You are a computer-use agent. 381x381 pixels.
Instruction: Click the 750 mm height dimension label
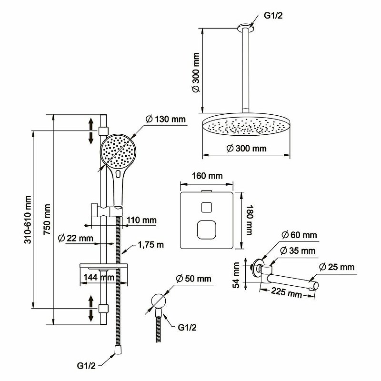(47, 219)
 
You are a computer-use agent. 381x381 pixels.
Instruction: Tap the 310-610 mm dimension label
(28, 220)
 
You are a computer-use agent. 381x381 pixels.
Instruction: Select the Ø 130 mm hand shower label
(165, 119)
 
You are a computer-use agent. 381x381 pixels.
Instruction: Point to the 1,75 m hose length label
(150, 244)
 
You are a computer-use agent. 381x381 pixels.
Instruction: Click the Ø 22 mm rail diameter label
(76, 238)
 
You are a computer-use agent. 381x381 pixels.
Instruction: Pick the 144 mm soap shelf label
(99, 277)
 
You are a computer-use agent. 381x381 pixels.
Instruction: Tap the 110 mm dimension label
(141, 220)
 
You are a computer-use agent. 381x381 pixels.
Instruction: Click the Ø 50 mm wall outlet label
(193, 279)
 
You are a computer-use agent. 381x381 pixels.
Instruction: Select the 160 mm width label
(207, 176)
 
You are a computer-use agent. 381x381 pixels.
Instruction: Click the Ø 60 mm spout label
(300, 235)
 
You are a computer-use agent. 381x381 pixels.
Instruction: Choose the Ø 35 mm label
(298, 251)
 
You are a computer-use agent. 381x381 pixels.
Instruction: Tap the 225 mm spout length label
(287, 292)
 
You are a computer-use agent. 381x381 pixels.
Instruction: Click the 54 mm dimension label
(236, 275)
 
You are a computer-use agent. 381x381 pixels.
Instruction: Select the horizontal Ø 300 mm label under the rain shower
(246, 148)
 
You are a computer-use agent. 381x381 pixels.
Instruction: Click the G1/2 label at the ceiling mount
(273, 16)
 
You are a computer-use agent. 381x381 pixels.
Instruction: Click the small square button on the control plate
(207, 208)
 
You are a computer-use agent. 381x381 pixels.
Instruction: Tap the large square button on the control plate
(207, 230)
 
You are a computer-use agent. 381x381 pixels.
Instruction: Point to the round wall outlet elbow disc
(159, 301)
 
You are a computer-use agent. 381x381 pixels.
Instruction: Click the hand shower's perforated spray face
(118, 151)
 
